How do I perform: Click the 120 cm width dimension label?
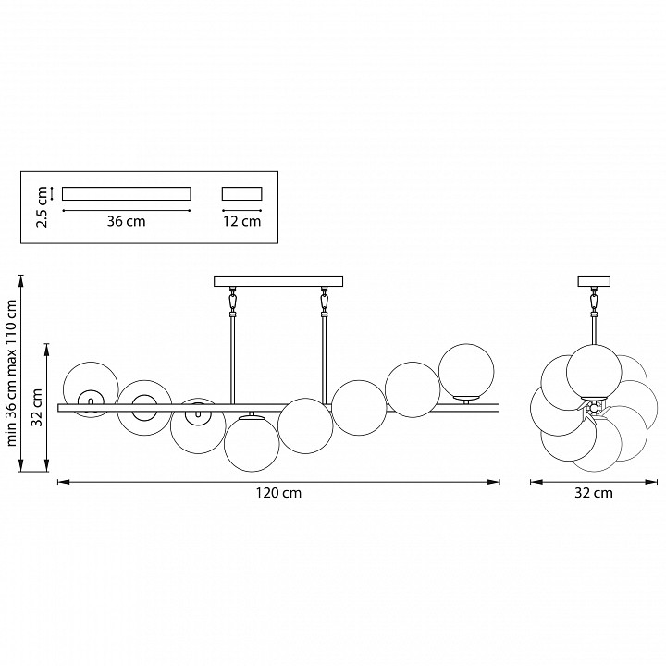pyautogui.click(x=278, y=493)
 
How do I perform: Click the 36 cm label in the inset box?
pyautogui.click(x=126, y=221)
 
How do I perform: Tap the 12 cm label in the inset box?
pyautogui.click(x=242, y=221)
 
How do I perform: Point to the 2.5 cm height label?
pyautogui.click(x=42, y=207)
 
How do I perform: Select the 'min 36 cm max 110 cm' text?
pyautogui.click(x=11, y=373)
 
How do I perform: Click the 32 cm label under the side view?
pyautogui.click(x=594, y=493)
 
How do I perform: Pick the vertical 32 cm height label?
pyautogui.click(x=37, y=407)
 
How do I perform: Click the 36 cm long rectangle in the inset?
pyautogui.click(x=127, y=193)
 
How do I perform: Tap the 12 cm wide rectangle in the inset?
pyautogui.click(x=242, y=193)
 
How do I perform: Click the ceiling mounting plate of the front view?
pyautogui.click(x=278, y=281)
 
